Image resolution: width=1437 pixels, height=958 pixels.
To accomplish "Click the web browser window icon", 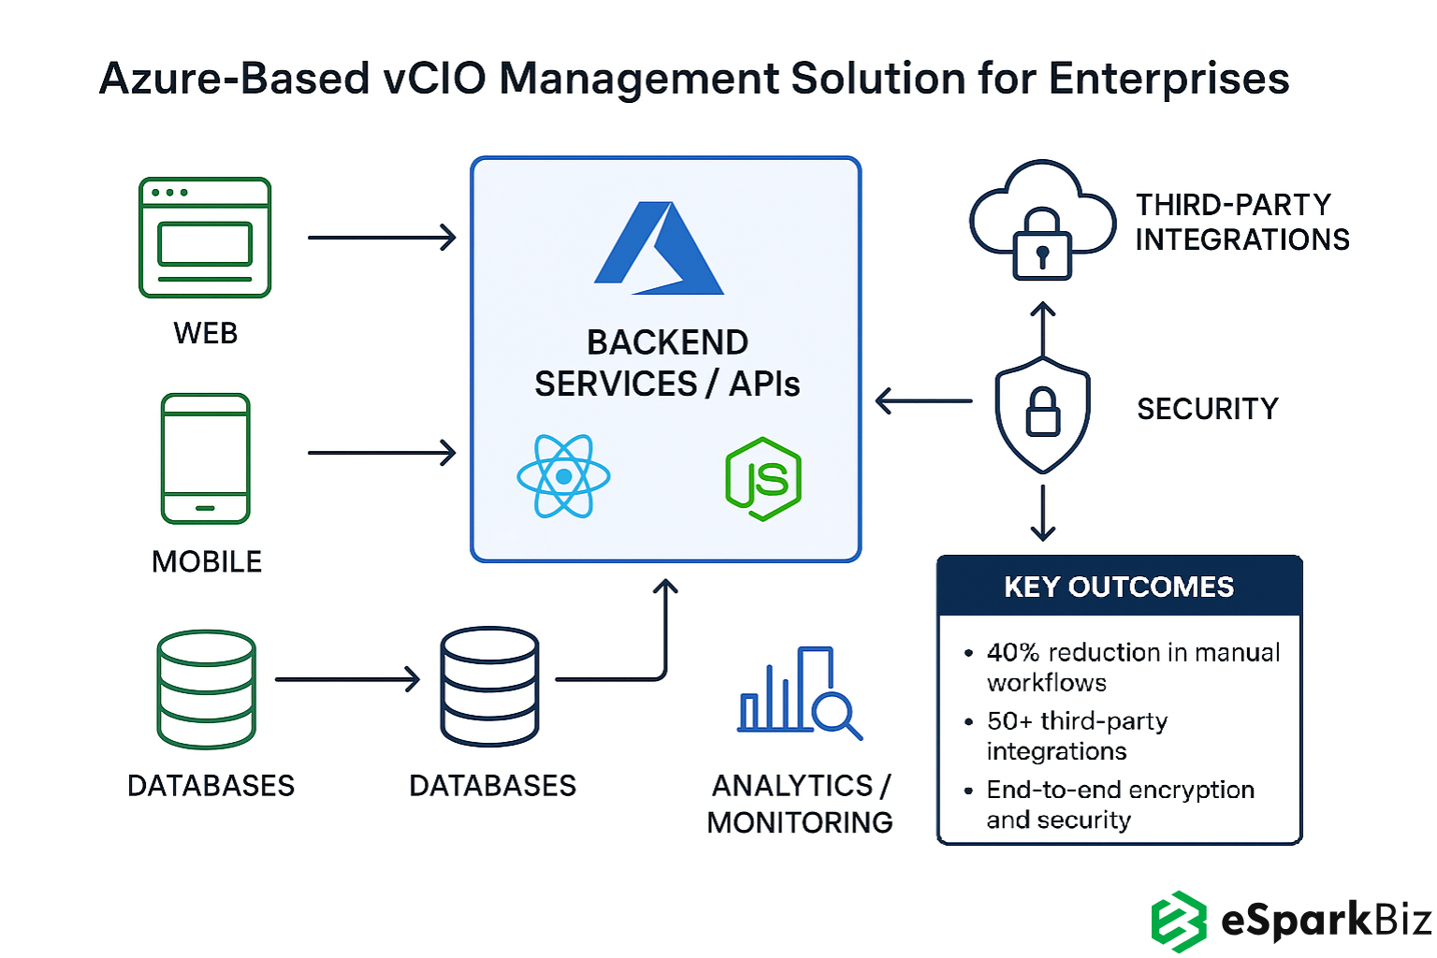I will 205,238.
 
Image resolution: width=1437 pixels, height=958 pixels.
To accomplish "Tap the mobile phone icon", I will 206,458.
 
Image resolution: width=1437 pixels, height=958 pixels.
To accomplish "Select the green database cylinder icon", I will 207,689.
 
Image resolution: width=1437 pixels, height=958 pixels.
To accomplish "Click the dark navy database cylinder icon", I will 489,686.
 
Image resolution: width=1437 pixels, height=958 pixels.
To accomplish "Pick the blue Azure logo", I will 659,249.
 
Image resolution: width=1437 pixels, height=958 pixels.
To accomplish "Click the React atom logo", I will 563,476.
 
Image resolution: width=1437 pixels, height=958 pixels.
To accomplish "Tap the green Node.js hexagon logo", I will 763,479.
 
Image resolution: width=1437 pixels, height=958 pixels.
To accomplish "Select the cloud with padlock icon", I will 1042,221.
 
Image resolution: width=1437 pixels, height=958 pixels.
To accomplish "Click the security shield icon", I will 1042,413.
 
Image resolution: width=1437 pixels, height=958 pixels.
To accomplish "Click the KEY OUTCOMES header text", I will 1119,587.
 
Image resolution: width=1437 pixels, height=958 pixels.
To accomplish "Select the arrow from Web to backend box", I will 382,238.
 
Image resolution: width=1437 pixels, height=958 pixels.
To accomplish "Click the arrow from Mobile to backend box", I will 382,453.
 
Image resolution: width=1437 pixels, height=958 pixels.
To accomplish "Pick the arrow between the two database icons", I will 347,679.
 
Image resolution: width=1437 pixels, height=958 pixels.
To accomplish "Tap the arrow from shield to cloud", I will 1042,328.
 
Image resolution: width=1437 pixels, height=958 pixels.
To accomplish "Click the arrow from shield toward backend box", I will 923,401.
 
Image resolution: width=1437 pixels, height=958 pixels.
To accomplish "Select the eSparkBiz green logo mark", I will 1178,922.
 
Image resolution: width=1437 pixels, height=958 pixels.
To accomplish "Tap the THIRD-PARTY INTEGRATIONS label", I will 1241,223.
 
